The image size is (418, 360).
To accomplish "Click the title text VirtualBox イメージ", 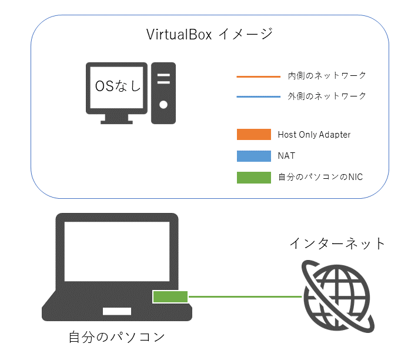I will point(209,34).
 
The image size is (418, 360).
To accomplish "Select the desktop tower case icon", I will point(163,93).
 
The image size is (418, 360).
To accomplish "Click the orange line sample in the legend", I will point(259,76).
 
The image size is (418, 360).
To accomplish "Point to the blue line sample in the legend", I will point(259,96).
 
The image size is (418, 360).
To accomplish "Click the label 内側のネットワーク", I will point(327,76).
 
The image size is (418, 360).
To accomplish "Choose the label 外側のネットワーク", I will point(327,96).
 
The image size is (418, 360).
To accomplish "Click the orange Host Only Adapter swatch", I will point(253,135).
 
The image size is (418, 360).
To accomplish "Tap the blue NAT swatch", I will point(253,156).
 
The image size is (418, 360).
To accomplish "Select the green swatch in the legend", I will point(253,177).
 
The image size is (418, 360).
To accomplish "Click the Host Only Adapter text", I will point(314,135).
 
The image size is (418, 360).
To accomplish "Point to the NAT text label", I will point(286,156).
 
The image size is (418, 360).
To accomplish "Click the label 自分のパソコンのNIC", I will point(320,176).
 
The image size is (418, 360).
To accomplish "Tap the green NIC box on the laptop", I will point(170,297).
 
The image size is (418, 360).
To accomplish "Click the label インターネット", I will point(337,243).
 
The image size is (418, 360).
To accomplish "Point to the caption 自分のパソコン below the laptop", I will point(116,338).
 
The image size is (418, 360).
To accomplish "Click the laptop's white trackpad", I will point(117,311).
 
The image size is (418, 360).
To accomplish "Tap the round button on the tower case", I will point(163,105).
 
